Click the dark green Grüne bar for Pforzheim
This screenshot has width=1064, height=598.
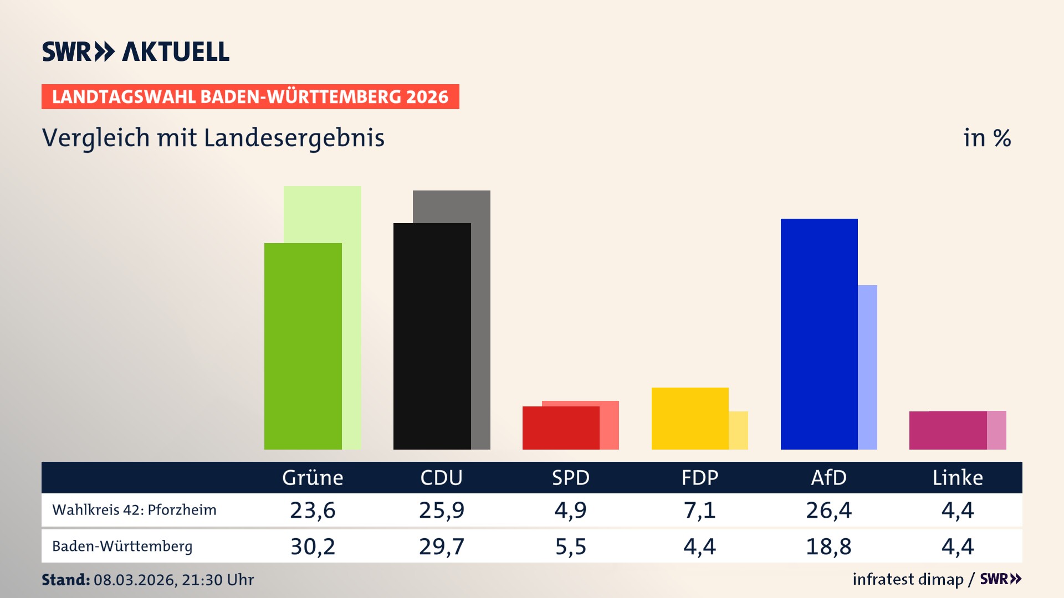coord(303,346)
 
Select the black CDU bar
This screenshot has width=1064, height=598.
coord(432,336)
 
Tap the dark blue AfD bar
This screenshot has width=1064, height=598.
coord(819,334)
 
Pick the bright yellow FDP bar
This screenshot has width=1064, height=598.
coord(689,418)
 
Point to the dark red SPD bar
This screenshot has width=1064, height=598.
coord(560,428)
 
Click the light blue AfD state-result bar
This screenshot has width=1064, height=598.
coord(868,367)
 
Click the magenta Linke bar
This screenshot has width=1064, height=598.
coord(948,430)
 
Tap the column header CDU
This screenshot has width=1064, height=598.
coord(441,478)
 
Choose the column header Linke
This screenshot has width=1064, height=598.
coord(958,478)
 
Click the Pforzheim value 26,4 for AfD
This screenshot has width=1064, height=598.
coord(828,510)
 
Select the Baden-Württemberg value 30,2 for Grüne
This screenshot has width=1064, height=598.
coord(313,547)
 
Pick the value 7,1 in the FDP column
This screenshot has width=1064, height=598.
coord(699,510)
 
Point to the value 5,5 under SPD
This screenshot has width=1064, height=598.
coord(571,547)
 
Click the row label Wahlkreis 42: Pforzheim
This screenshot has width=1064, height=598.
coord(134,510)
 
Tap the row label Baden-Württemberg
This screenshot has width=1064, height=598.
coord(122,547)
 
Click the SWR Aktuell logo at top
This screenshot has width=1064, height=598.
coord(135,51)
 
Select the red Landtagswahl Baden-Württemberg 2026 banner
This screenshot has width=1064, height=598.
coord(250,97)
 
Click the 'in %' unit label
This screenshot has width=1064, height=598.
coord(986,138)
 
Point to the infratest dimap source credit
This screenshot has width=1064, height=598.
coord(908,579)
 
